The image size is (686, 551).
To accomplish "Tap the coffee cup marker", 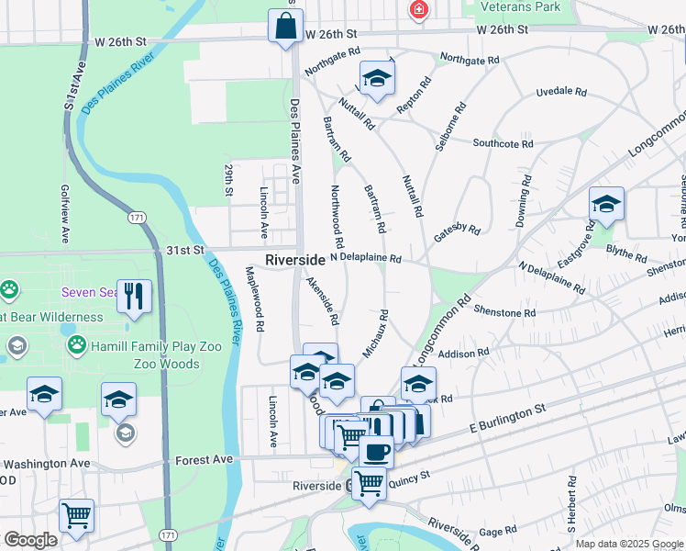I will pos(375,452).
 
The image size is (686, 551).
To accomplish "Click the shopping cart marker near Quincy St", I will pos(369,482).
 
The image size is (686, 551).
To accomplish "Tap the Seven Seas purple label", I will pos(87,293).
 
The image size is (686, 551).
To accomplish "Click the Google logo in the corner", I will pos(30,540).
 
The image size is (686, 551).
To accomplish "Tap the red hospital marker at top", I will pos(418,9).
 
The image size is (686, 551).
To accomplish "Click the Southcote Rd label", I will pos(503,144).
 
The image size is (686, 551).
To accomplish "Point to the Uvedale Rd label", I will pos(560,92).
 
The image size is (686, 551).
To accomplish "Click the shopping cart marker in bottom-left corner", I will pos(76,514).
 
